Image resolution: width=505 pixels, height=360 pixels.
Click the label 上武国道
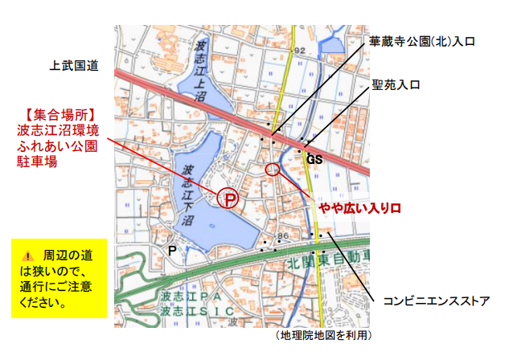(73, 67)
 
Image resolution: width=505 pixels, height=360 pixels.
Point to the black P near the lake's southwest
(171, 250)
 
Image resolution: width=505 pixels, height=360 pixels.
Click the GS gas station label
(314, 160)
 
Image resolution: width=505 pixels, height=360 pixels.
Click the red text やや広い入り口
(359, 209)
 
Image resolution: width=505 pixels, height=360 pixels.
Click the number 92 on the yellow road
(301, 51)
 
